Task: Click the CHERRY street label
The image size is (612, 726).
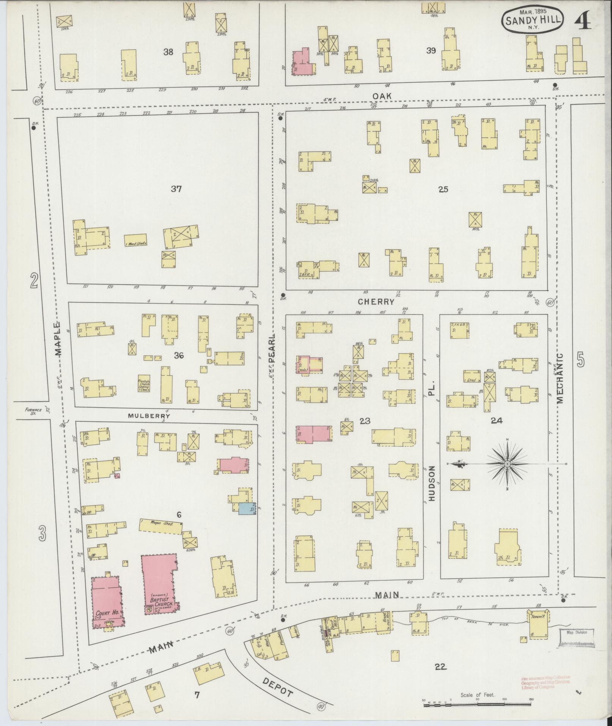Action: click(376, 302)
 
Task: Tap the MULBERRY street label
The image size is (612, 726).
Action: click(148, 416)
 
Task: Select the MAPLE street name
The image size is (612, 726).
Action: click(57, 339)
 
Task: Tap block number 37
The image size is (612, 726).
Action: click(176, 189)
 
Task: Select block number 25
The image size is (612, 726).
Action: click(443, 189)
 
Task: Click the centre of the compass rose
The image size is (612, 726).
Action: click(507, 464)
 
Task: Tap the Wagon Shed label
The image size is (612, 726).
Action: click(162, 524)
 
